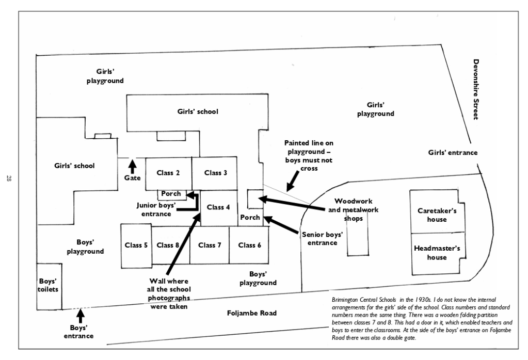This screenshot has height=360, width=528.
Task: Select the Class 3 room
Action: [215, 173]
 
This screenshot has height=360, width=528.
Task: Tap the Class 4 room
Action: [218, 207]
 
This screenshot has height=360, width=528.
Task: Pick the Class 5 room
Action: [136, 245]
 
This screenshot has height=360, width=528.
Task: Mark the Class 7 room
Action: [210, 245]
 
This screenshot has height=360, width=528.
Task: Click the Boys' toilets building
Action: [49, 286]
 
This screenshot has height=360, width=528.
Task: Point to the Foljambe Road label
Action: [251, 313]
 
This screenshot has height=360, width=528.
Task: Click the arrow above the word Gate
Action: [132, 166]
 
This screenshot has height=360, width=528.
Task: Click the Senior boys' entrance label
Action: [323, 238]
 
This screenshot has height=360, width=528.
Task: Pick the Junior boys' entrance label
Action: [156, 209]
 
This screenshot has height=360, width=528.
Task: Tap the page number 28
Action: [9, 179]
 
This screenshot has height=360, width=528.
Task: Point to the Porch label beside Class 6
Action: [250, 218]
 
